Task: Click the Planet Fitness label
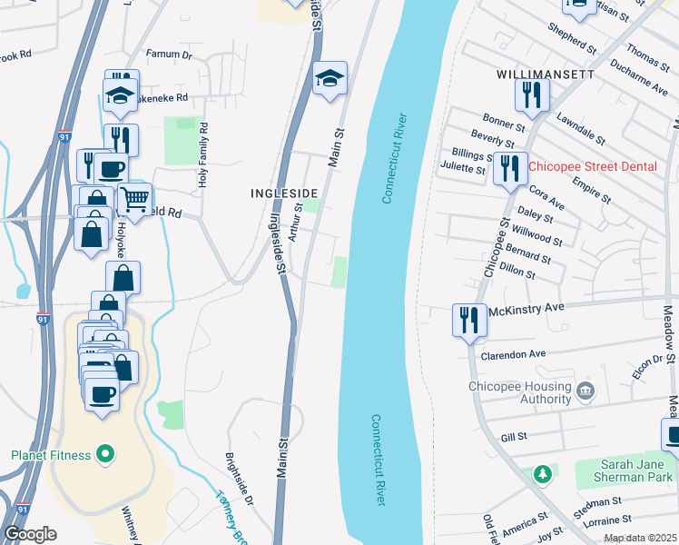pyautogui.click(x=51, y=455)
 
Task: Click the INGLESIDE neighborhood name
pyautogui.click(x=284, y=193)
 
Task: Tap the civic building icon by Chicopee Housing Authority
pyautogui.click(x=586, y=392)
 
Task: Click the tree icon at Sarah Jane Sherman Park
pyautogui.click(x=543, y=473)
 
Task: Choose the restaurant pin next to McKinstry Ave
pyautogui.click(x=469, y=320)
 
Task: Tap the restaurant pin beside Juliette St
pyautogui.click(x=510, y=168)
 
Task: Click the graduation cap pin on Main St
pyautogui.click(x=329, y=78)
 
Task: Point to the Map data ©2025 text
pyautogui.click(x=639, y=538)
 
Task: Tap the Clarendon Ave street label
pyautogui.click(x=514, y=354)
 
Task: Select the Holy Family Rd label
pyautogui.click(x=203, y=155)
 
